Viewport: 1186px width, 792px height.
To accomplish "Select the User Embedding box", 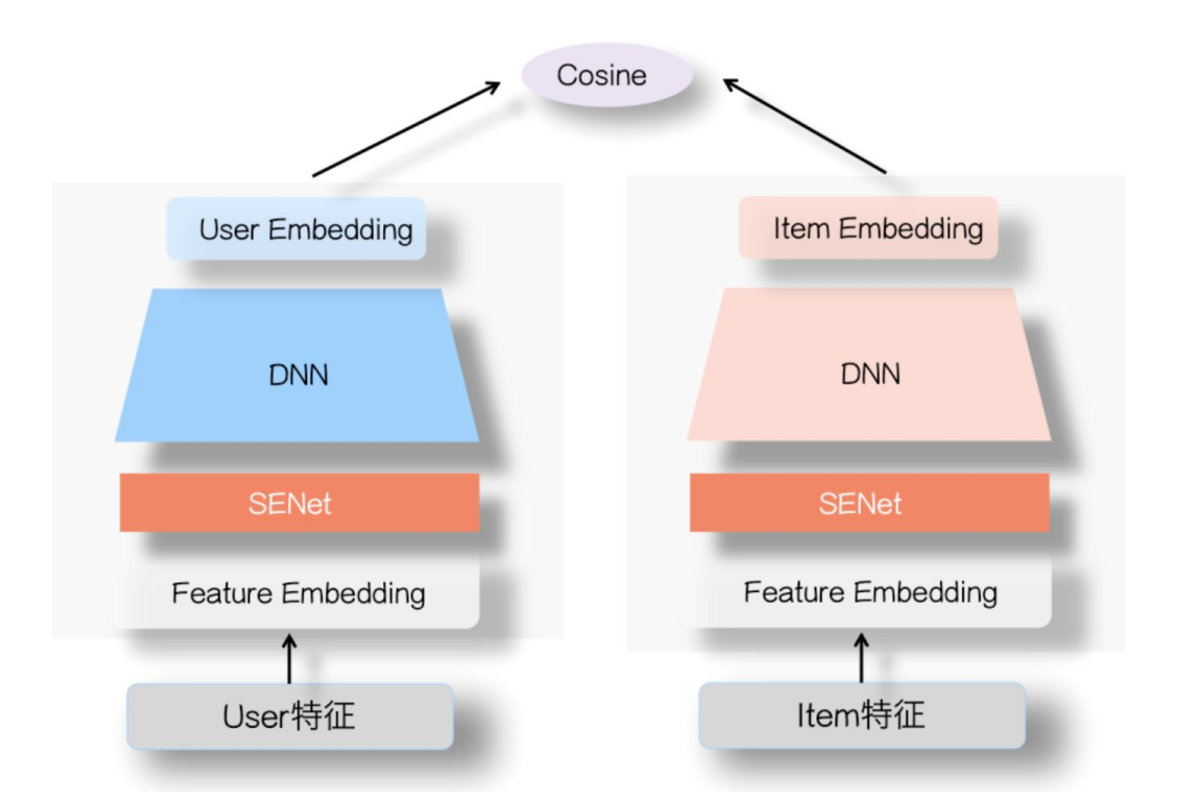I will [296, 229].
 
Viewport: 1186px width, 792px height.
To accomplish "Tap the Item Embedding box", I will [868, 228].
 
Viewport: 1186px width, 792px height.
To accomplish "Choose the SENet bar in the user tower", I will [299, 503].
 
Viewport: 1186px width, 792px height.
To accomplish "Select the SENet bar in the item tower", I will [870, 503].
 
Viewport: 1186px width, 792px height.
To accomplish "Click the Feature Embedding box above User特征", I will [299, 593].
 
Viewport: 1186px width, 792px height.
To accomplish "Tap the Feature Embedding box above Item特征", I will [870, 593].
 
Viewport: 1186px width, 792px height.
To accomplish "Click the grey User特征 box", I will [290, 716].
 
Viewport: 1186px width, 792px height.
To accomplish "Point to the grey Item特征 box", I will [861, 715].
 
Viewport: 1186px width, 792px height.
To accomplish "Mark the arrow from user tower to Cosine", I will [406, 129].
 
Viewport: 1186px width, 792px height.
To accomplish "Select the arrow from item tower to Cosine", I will [804, 126].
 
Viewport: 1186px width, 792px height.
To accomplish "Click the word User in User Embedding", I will [228, 230].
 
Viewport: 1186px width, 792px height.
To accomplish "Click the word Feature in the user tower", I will [222, 593].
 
